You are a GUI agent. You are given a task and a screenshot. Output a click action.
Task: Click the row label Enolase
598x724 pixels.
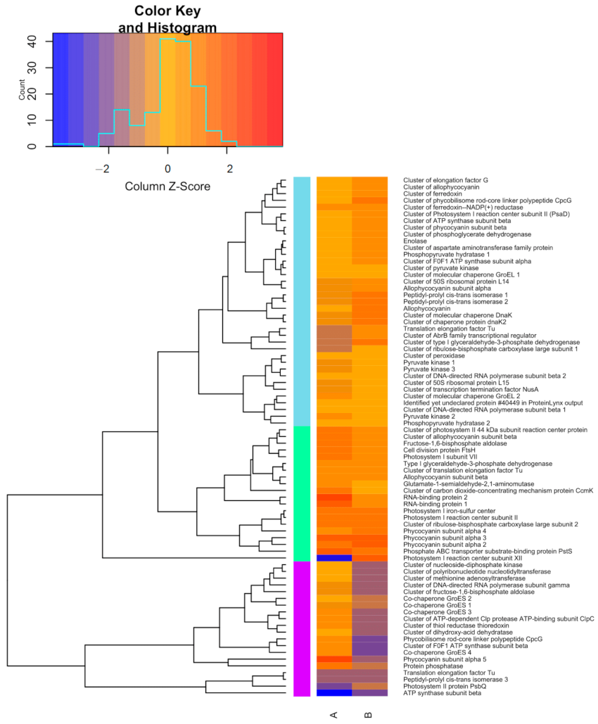(x=414, y=241)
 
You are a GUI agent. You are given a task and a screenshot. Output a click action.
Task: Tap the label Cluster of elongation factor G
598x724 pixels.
(x=445, y=180)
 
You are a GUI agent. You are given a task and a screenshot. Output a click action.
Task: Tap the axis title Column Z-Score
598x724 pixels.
(x=167, y=186)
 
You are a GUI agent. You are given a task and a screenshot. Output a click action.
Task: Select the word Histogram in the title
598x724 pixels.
(x=177, y=28)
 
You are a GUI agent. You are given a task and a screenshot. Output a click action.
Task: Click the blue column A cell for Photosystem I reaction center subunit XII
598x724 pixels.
(x=334, y=558)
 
